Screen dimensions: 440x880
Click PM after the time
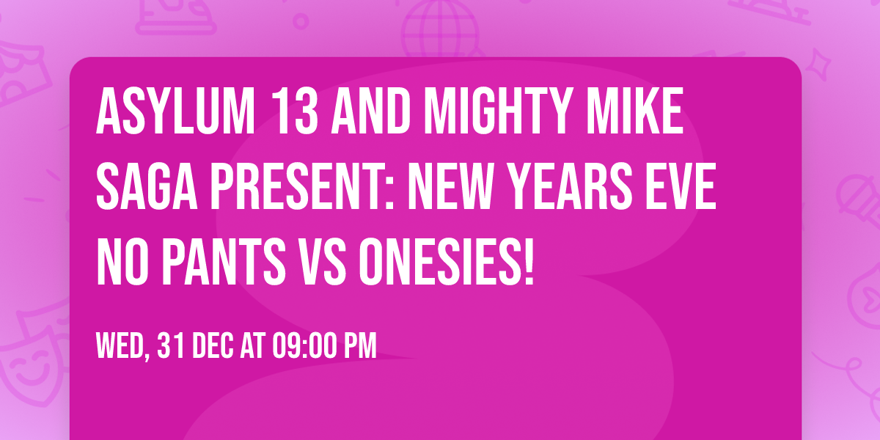point(360,345)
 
